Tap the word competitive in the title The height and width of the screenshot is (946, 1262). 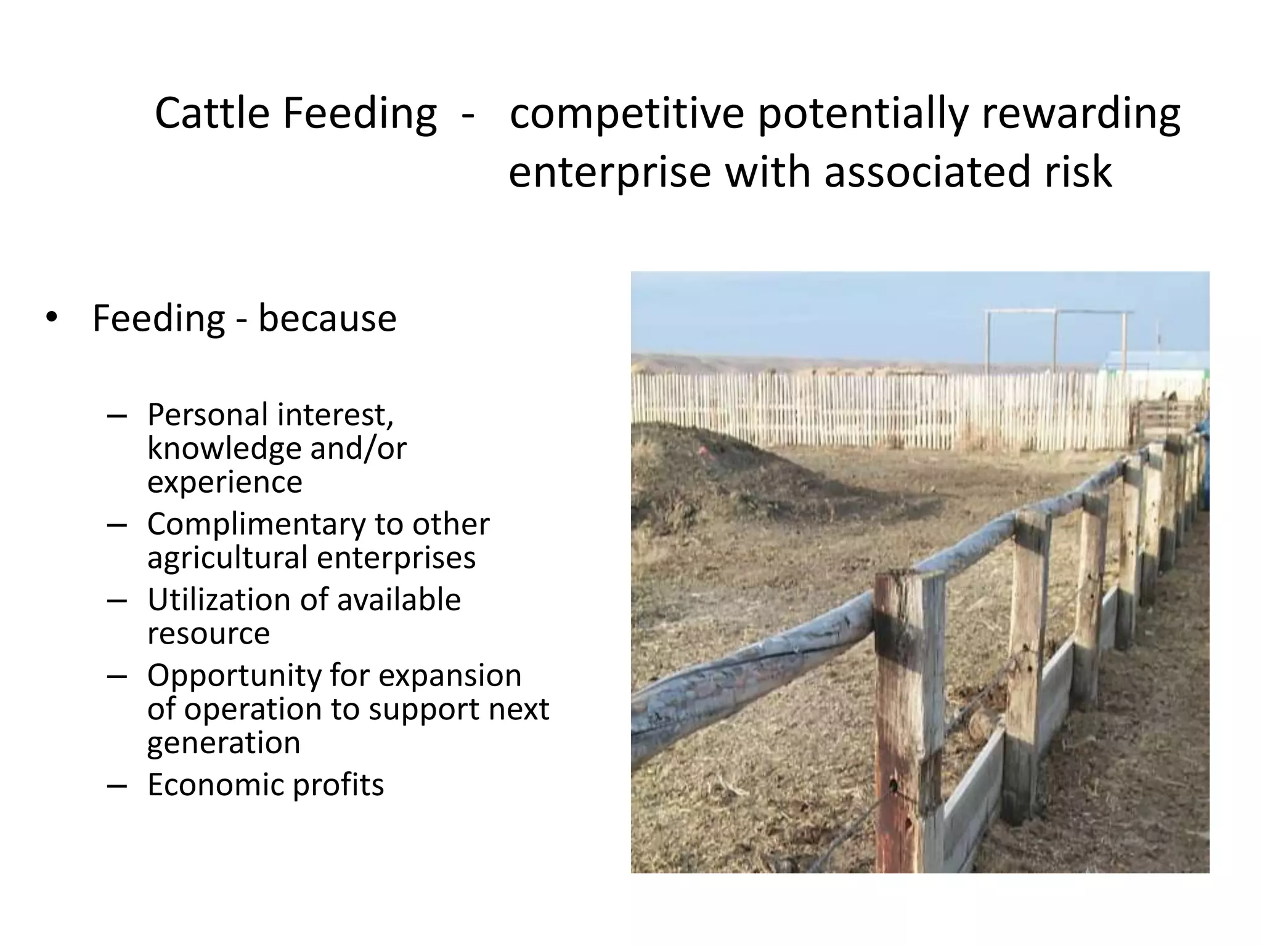coord(627,115)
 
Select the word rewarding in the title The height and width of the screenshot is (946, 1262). coord(1080,115)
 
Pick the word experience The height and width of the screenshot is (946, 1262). coord(224,482)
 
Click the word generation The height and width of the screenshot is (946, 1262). coord(223,743)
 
